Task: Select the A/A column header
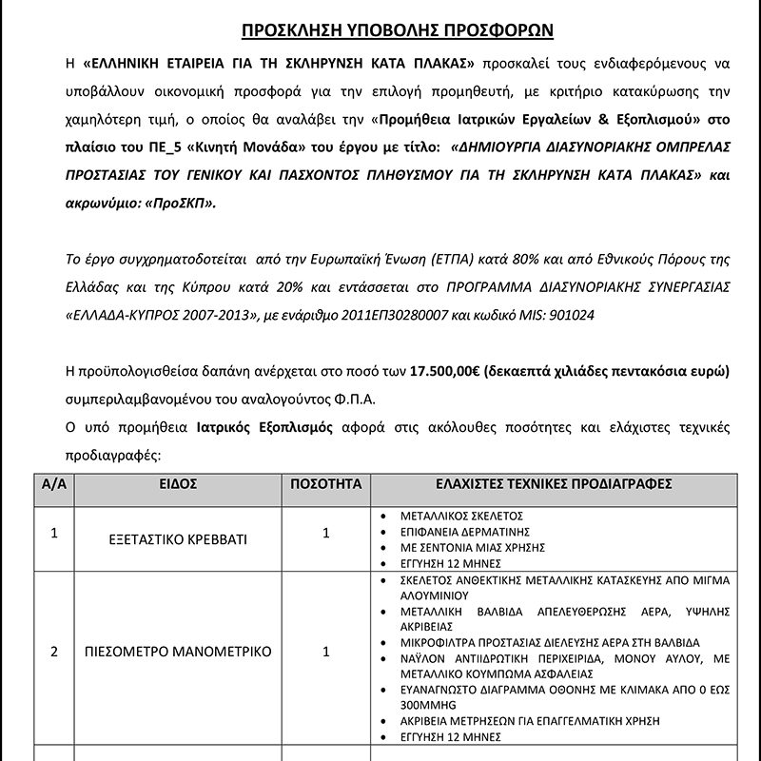(53, 484)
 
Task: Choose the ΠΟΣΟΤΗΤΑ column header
(326, 484)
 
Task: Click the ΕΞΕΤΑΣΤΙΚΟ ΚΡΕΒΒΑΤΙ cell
(178, 539)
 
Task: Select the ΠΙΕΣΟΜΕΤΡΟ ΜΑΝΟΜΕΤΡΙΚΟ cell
(178, 652)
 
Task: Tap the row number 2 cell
(53, 652)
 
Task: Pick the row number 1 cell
(53, 534)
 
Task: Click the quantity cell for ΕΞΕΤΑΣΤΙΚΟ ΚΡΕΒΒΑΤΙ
(326, 534)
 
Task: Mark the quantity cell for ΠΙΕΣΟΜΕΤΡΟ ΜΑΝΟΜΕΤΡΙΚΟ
(326, 652)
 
